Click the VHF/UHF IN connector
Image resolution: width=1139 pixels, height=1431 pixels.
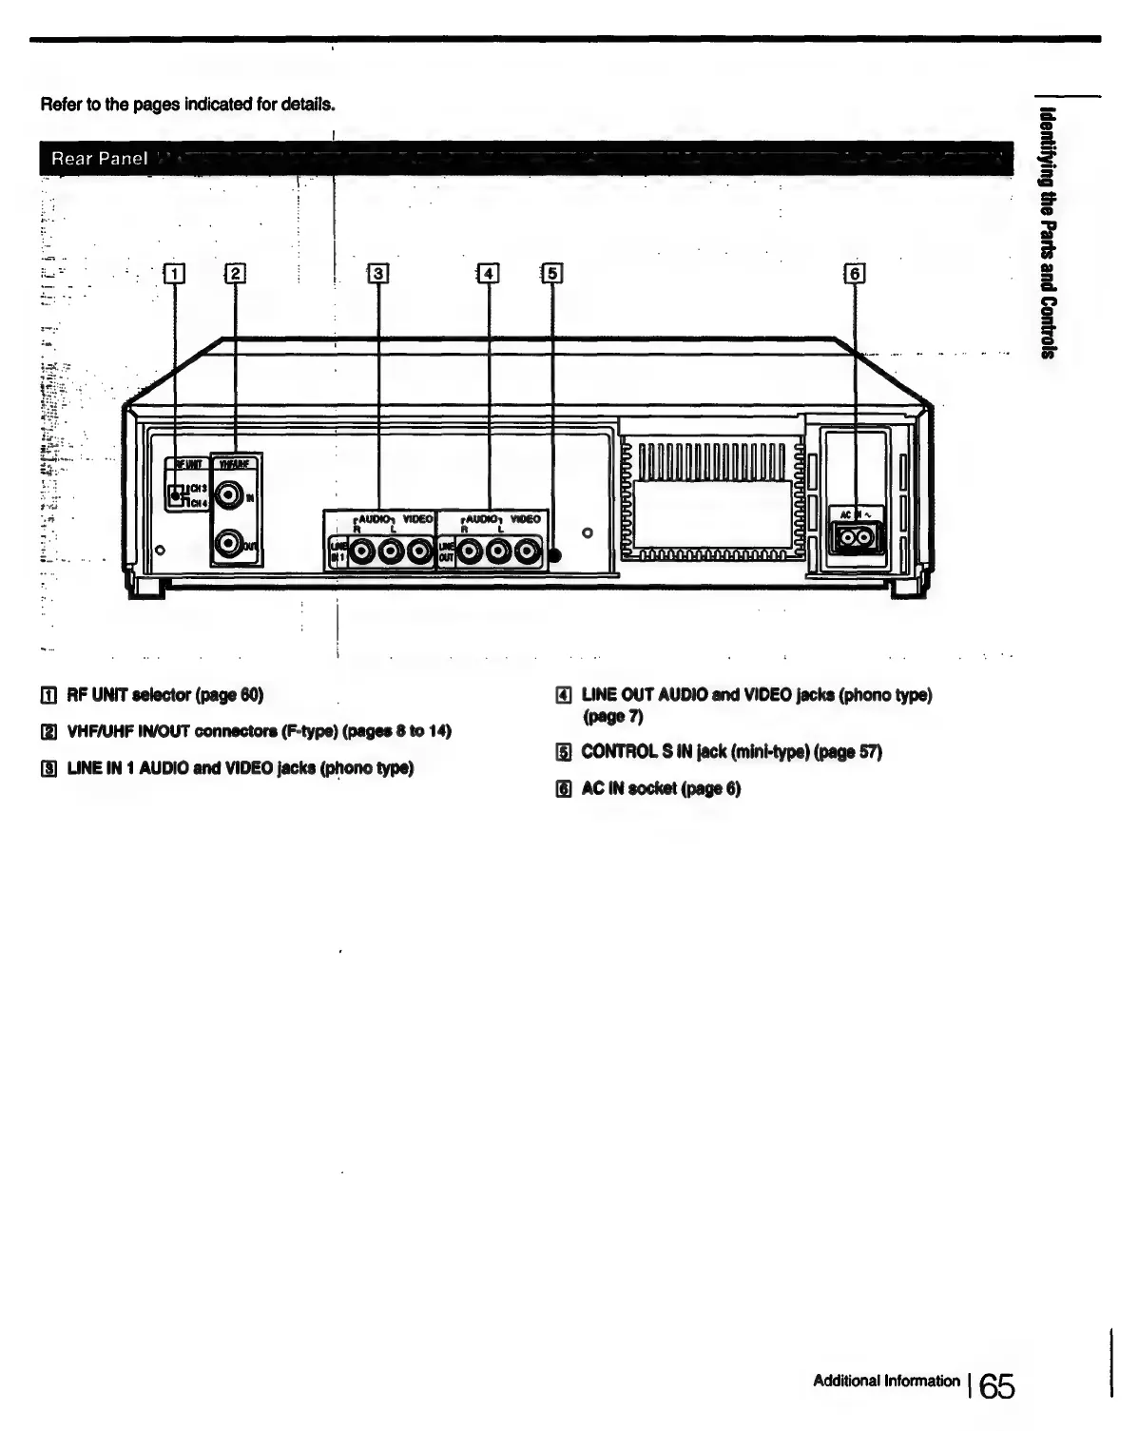pyautogui.click(x=229, y=495)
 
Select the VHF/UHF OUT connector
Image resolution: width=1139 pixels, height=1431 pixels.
pyautogui.click(x=229, y=543)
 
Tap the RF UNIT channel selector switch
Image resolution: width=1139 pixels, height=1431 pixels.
pyautogui.click(x=175, y=494)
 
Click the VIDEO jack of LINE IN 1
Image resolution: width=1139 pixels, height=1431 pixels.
pyautogui.click(x=419, y=551)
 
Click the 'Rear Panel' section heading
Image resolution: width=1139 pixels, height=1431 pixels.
pyautogui.click(x=100, y=158)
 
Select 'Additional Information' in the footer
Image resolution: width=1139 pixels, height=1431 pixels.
pyautogui.click(x=886, y=1381)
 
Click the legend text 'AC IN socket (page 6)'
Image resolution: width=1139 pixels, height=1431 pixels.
pyautogui.click(x=661, y=788)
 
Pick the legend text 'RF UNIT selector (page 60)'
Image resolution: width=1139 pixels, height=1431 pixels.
pyautogui.click(x=164, y=694)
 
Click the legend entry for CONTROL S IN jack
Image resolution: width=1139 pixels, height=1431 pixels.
pyautogui.click(x=731, y=752)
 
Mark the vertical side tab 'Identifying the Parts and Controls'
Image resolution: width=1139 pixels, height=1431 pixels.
pyautogui.click(x=1048, y=233)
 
